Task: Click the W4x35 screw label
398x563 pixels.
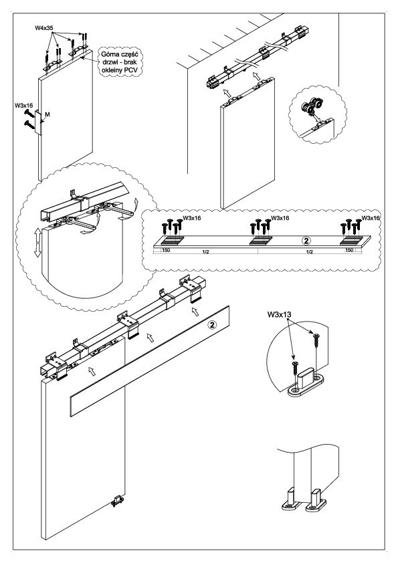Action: pos(43,27)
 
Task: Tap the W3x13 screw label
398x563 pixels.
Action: pos(279,315)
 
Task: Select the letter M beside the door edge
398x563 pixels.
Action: pos(47,114)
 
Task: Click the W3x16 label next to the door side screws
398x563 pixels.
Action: pos(23,106)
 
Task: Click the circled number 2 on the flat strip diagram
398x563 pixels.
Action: pos(308,240)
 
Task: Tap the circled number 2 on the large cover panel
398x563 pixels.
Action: pos(212,325)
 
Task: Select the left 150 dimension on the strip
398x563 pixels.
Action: pos(166,250)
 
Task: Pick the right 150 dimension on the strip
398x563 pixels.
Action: pos(349,250)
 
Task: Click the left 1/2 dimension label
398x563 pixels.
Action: pos(206,251)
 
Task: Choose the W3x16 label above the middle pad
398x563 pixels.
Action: pos(280,218)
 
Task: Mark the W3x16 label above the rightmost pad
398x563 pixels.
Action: pos(371,218)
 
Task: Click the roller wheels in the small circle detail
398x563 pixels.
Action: pos(311,106)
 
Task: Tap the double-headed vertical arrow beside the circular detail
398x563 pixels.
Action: pos(37,243)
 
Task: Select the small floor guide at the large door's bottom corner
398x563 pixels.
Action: pos(117,501)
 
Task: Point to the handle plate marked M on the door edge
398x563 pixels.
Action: pos(38,122)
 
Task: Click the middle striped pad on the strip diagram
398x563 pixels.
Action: pos(260,240)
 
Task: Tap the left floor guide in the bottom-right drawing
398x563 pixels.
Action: pos(290,499)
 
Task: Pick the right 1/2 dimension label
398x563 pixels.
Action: pos(309,251)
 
